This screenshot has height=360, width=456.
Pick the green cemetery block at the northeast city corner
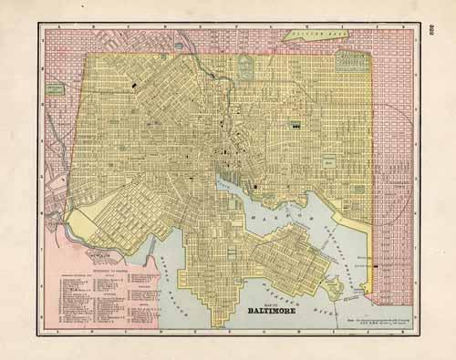click(x=351, y=62)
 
